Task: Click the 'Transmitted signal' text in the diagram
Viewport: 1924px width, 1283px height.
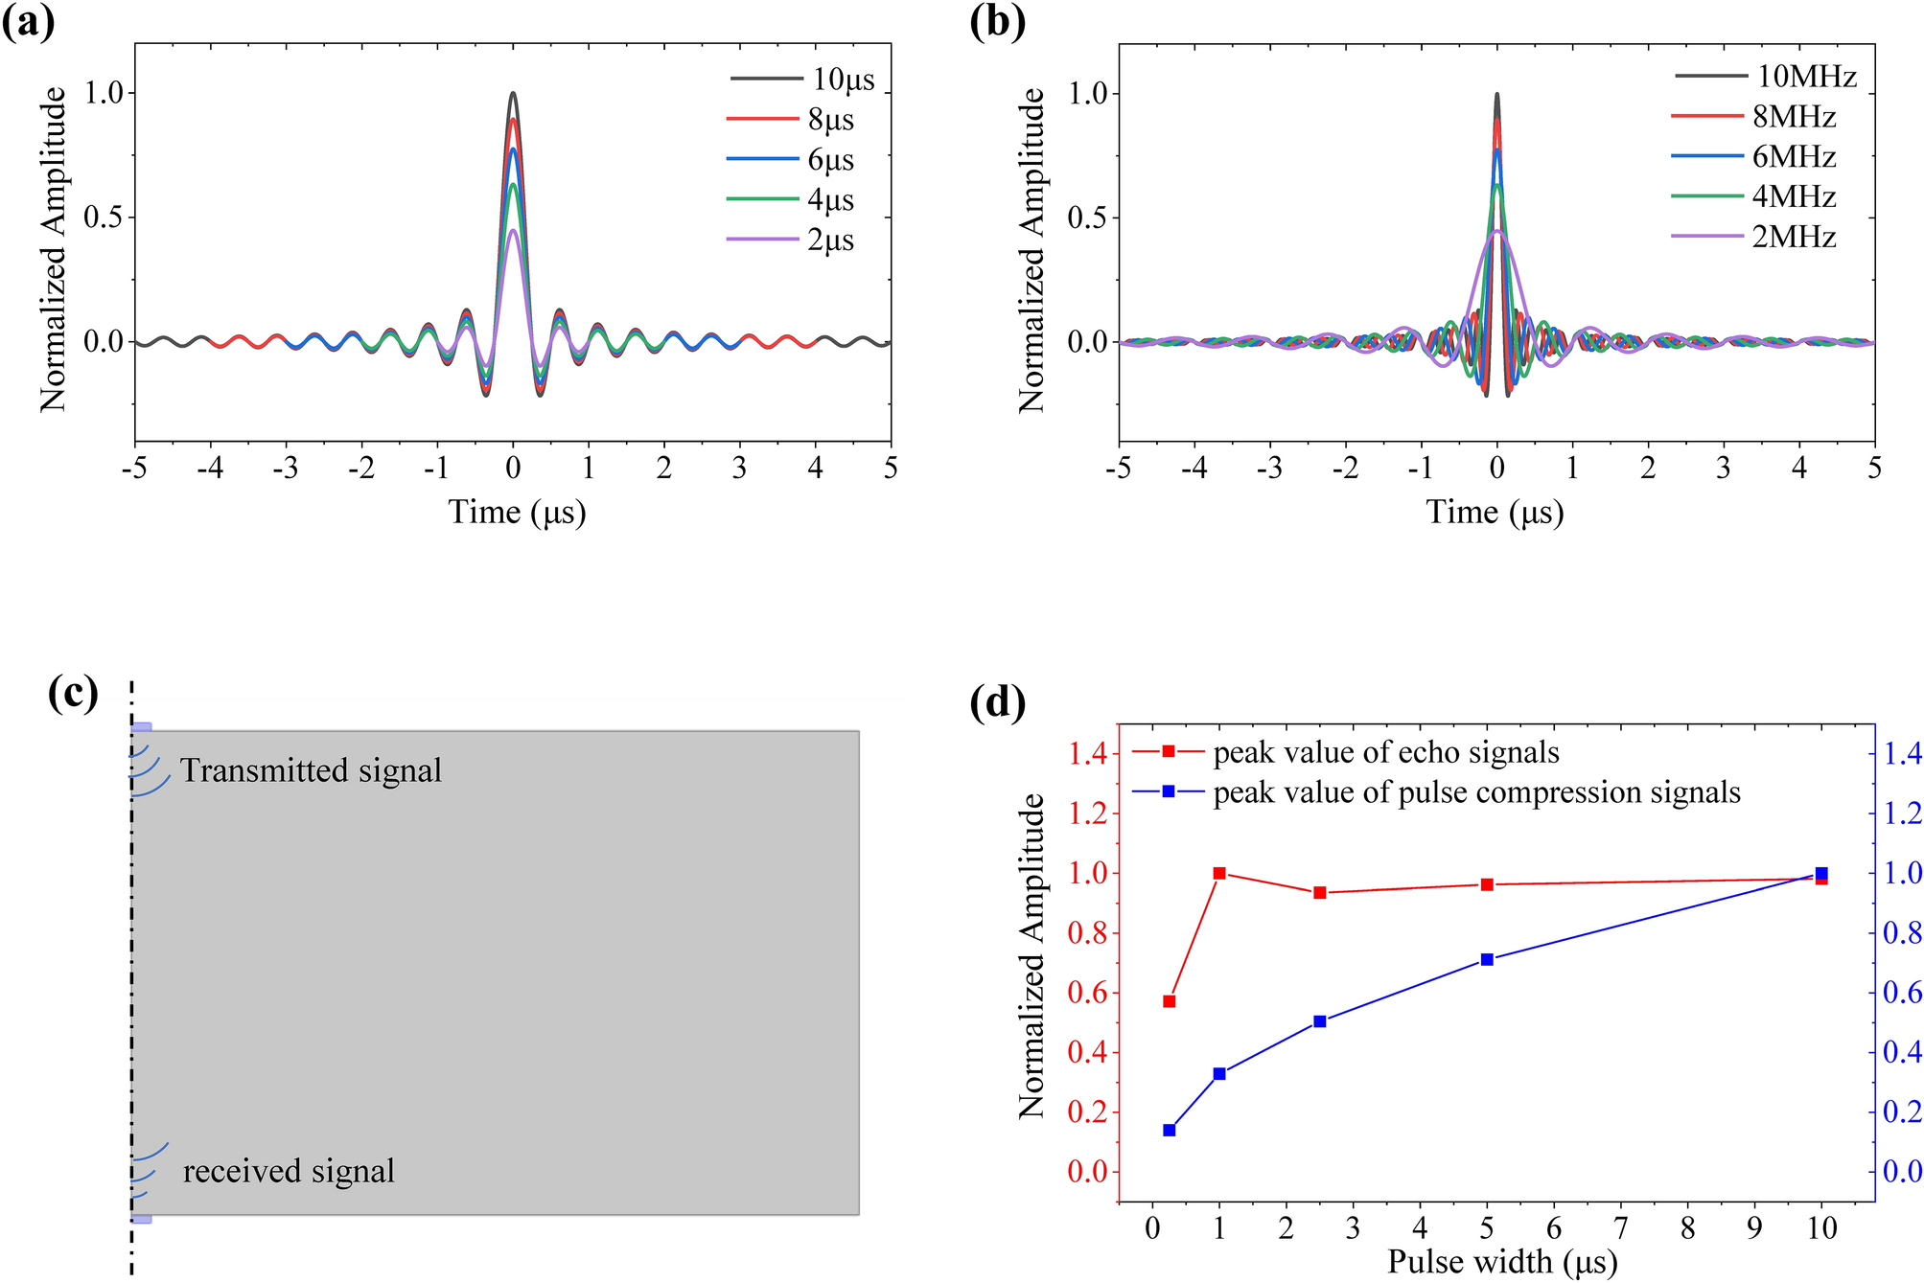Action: [311, 770]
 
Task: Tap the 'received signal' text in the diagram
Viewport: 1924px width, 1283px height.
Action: [289, 1171]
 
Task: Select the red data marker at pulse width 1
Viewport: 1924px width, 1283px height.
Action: [1219, 873]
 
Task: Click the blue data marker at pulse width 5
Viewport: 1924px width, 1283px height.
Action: [1487, 959]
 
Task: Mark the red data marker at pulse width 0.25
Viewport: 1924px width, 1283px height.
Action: [1169, 1001]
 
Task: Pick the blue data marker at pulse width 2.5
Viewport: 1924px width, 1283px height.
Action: [1319, 1021]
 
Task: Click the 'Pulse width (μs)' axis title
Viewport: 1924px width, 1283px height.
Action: [1502, 1262]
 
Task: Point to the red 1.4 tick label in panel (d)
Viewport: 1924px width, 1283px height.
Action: [1087, 754]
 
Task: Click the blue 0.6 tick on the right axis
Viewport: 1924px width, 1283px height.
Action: [1900, 993]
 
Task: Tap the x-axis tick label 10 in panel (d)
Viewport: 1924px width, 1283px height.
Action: [1820, 1228]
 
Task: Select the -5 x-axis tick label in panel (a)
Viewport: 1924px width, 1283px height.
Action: [134, 468]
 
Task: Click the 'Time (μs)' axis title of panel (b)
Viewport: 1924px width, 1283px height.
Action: [1495, 512]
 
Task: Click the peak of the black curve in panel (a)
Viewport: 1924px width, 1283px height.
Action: [513, 94]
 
